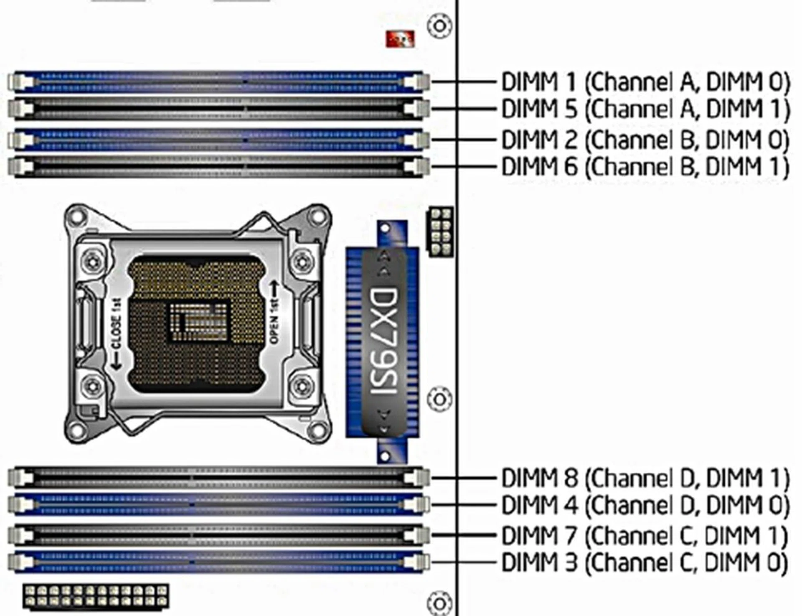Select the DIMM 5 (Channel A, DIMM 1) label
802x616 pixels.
tap(645, 109)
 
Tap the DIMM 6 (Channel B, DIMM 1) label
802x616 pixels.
tap(645, 166)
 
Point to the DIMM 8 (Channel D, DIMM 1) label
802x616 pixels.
tap(645, 478)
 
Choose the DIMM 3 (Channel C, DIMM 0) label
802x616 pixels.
tap(644, 562)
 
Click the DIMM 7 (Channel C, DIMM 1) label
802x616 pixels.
tap(644, 535)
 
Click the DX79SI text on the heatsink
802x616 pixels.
tap(383, 341)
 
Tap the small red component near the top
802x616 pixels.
tap(400, 39)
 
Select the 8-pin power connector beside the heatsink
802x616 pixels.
tap(440, 231)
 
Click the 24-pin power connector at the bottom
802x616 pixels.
tap(96, 596)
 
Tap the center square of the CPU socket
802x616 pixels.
tap(198, 321)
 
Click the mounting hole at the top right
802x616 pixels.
tap(439, 26)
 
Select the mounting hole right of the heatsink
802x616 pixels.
tap(439, 399)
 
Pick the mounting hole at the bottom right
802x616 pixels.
tap(439, 603)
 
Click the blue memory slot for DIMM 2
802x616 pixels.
tap(217, 140)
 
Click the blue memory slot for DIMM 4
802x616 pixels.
tap(217, 505)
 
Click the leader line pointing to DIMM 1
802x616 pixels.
tap(464, 82)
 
